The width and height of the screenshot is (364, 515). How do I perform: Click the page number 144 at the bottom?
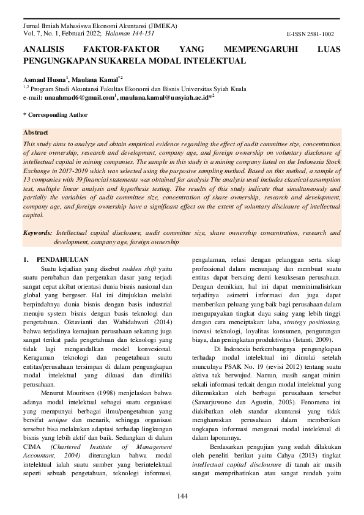coord(182,495)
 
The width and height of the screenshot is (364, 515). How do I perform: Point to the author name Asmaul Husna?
coord(44,80)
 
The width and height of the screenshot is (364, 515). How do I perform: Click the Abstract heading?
coord(35,132)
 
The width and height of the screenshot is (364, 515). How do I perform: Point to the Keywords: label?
coord(37,233)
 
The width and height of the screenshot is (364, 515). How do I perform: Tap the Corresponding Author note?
coord(57,114)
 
